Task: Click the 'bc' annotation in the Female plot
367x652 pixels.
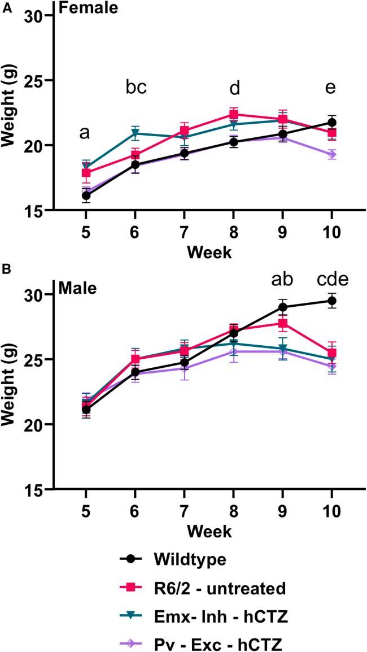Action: (x=136, y=88)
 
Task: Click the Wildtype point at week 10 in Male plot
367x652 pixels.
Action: (x=331, y=301)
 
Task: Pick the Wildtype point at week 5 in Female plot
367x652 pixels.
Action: (x=86, y=195)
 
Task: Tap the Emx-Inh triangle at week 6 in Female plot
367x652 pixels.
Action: (x=135, y=133)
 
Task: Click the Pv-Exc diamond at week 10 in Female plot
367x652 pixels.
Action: (x=331, y=154)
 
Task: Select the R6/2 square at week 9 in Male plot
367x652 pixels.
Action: (x=282, y=323)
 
